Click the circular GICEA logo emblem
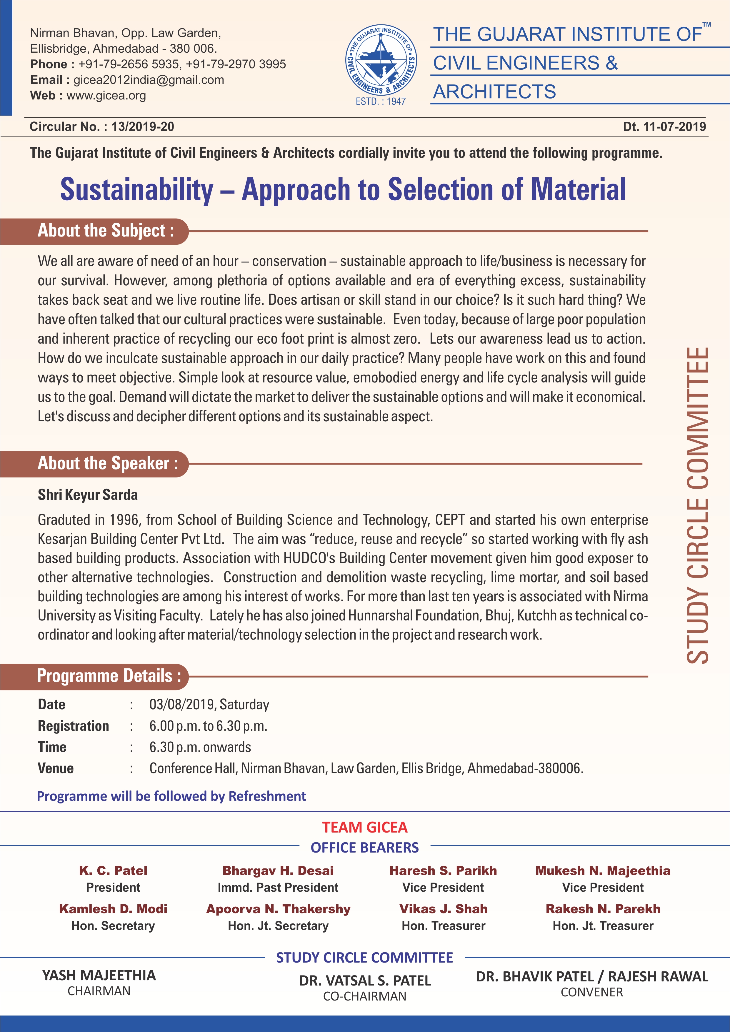pos(381,61)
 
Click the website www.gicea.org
pos(106,96)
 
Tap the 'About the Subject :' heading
pos(106,231)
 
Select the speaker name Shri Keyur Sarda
pos(88,495)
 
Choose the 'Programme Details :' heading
pos(109,676)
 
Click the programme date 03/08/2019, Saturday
pos(209,704)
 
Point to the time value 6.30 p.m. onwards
pos(200,747)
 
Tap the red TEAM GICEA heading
pos(364,827)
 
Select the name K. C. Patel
pos(113,870)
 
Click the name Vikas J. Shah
pos(443,909)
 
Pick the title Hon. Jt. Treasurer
pos(603,926)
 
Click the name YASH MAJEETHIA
pos(99,975)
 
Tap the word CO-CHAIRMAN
pos(364,996)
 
